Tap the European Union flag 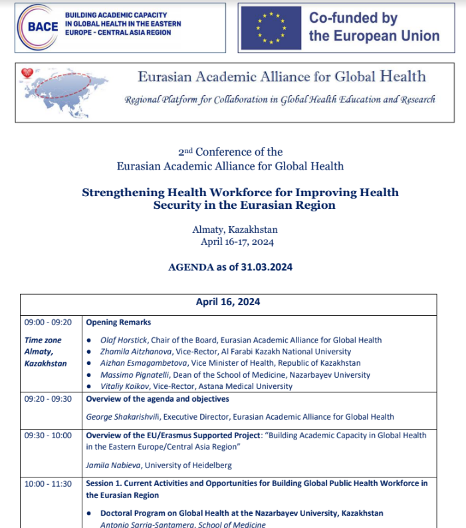pos(271,28)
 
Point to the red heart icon pos(27,73)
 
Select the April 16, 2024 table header pos(228,302)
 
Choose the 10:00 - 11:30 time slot pos(47,483)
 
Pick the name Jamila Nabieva pos(112,465)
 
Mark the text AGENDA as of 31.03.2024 pos(231,267)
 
